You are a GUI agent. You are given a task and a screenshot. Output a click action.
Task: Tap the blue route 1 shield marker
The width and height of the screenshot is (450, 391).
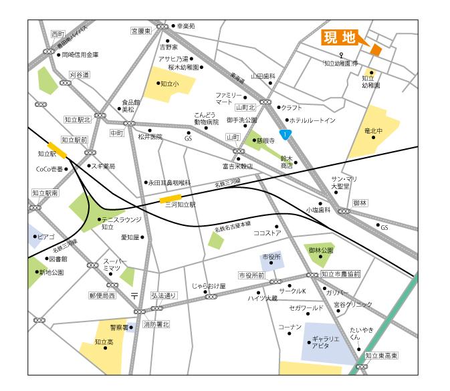(286, 134)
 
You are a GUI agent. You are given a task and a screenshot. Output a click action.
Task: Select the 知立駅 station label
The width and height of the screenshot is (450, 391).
(45, 154)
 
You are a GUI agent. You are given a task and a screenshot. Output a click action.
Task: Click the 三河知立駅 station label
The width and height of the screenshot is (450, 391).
(180, 206)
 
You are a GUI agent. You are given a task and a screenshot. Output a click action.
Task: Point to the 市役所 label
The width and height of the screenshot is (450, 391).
(271, 257)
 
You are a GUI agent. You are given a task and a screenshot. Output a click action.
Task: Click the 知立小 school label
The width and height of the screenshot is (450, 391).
(168, 84)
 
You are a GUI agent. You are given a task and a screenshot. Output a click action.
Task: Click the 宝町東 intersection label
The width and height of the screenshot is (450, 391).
(142, 31)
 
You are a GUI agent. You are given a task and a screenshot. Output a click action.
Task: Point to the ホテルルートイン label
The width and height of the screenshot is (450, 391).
(312, 120)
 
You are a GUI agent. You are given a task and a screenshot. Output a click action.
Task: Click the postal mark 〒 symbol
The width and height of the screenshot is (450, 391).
(134, 294)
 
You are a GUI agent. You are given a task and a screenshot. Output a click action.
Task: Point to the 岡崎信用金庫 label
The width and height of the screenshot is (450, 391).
(80, 55)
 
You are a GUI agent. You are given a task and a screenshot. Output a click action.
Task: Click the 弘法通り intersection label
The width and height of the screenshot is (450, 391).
(163, 295)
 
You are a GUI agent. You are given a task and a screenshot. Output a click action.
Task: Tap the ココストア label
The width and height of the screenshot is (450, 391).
(267, 233)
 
